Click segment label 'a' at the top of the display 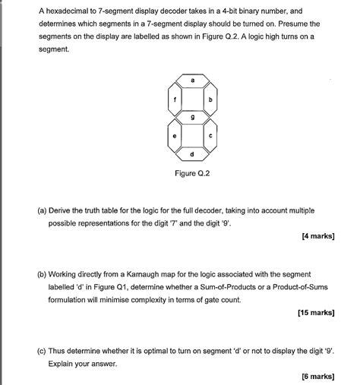point(192,80)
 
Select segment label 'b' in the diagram point(210,99)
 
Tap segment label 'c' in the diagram point(210,136)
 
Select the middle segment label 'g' point(192,118)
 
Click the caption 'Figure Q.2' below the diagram point(192,173)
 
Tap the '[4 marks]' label point(317,236)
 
